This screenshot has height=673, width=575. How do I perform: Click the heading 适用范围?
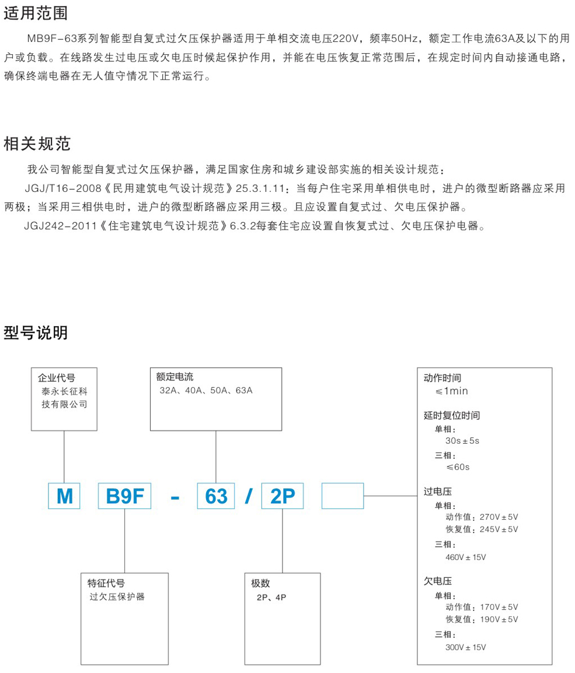[36, 13]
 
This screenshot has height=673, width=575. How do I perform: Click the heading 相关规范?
[37, 144]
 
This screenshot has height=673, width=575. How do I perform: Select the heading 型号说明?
[36, 332]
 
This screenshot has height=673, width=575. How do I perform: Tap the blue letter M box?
[64, 496]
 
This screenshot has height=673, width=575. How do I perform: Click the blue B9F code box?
[124, 496]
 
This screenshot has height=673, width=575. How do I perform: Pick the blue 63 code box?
[216, 496]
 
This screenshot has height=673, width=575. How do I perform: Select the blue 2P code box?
[283, 496]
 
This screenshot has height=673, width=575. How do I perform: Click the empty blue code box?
[343, 496]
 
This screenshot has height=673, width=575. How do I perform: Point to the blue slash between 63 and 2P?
[249, 497]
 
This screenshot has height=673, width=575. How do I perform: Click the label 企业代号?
[56, 378]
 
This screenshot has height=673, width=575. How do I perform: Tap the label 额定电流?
[175, 377]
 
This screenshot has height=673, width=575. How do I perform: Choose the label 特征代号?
[106, 583]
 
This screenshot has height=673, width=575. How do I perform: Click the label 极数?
[260, 583]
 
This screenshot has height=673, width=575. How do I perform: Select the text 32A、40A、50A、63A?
[206, 391]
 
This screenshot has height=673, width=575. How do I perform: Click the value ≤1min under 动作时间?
[452, 391]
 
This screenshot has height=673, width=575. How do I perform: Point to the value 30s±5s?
[462, 441]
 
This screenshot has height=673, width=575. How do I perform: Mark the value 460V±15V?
[466, 557]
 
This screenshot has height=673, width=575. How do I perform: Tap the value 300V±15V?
[466, 647]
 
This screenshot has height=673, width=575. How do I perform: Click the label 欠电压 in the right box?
[438, 581]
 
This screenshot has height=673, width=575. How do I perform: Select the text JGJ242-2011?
[61, 226]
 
